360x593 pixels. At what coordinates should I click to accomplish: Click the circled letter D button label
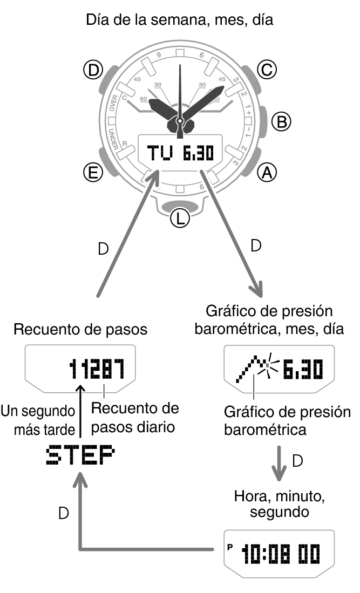[x=93, y=70]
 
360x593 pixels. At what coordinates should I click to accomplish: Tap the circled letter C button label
[x=267, y=70]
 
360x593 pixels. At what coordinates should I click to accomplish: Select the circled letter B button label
[x=282, y=122]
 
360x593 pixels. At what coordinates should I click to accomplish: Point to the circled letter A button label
[x=267, y=173]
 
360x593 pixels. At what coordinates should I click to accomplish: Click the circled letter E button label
[x=93, y=173]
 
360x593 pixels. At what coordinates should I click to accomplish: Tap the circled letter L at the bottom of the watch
[x=180, y=218]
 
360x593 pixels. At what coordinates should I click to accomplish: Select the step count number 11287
[x=97, y=369]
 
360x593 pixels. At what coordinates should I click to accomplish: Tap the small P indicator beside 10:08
[x=229, y=547]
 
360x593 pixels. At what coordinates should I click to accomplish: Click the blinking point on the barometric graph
[x=268, y=365]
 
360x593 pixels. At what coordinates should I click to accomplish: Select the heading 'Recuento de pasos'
[x=80, y=329]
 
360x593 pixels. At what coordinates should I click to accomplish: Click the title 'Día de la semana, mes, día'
[x=180, y=19]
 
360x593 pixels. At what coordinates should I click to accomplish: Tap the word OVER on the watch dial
[x=113, y=103]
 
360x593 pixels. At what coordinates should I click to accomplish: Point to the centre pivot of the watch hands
[x=180, y=121]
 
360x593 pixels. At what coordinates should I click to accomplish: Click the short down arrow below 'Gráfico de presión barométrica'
[x=279, y=463]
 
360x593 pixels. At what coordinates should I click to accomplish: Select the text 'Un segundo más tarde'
[x=38, y=420]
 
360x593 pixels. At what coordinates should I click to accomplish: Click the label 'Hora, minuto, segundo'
[x=280, y=504]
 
